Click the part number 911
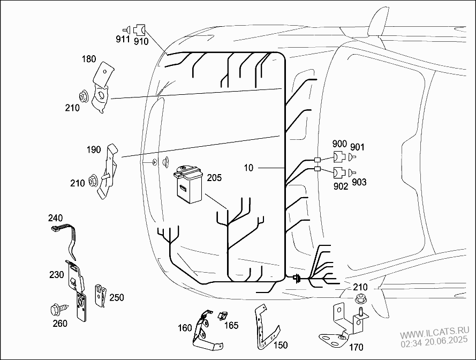pos(123,39)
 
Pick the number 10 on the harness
pos(248,168)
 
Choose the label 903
pos(359,183)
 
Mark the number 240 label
pos(55,218)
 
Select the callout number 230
pos(57,274)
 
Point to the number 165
pos(232,325)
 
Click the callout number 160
pos(185,328)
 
